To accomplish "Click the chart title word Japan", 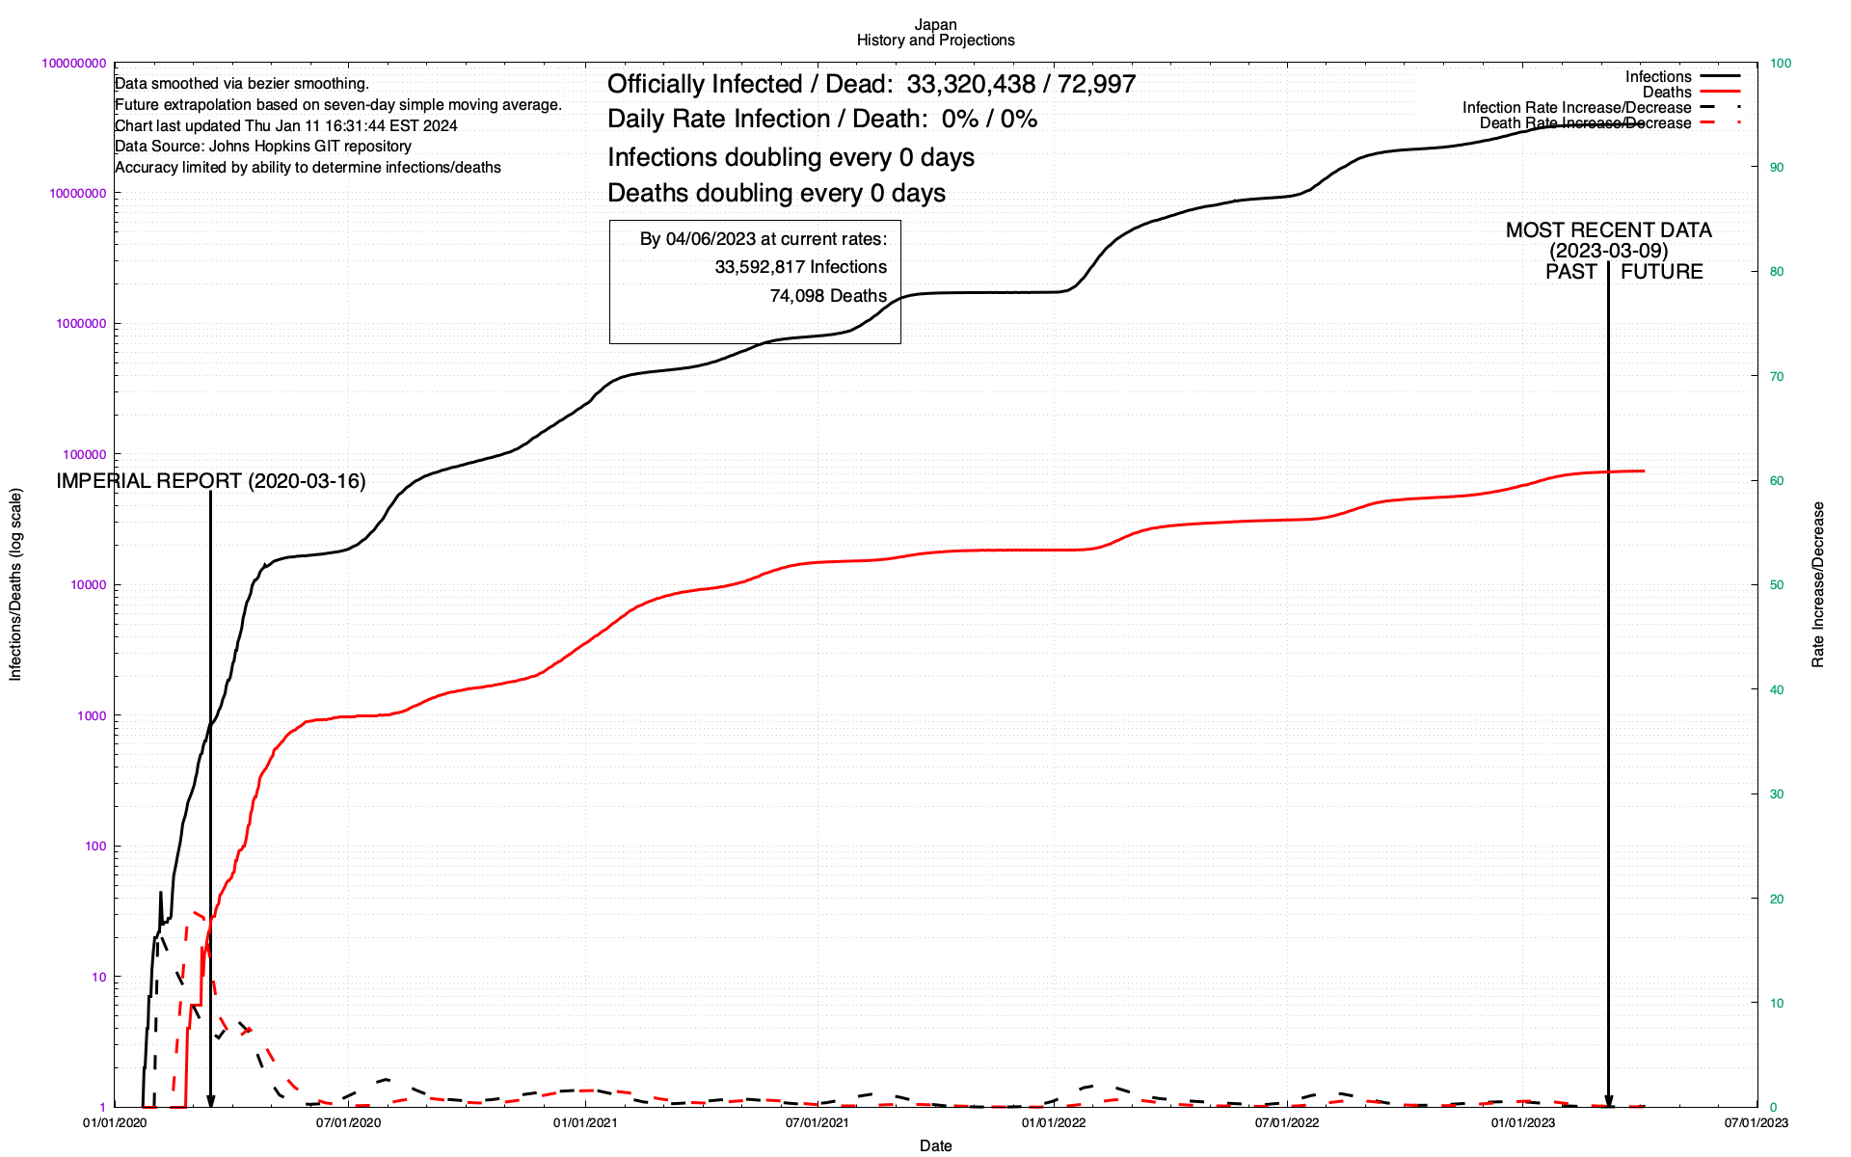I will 935,25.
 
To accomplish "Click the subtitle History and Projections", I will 935,40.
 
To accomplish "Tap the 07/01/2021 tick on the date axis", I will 818,1122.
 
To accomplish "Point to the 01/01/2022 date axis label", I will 1054,1122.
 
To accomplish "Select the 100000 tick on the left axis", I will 82,455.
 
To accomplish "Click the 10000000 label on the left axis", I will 77,194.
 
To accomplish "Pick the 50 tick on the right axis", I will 1777,585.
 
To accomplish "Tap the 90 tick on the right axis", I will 1777,168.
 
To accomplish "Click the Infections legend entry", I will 1658,77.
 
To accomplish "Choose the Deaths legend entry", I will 1667,93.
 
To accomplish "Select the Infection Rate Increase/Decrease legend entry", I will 1576,108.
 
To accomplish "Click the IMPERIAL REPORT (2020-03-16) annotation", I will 211,481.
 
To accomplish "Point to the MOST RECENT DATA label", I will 1608,230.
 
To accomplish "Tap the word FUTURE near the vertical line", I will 1661,272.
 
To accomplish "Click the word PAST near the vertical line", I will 1571,272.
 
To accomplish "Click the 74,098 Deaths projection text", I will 828,296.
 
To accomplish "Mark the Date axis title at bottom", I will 935,1145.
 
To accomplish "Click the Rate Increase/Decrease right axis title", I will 1818,584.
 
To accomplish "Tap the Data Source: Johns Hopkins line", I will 263,147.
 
